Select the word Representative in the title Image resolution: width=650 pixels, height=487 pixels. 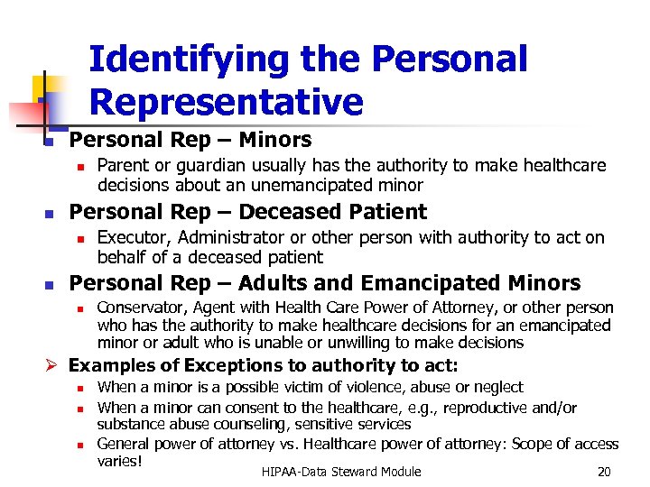226,102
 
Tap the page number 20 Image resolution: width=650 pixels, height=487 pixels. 604,472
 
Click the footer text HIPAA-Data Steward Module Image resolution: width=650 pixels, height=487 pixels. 340,472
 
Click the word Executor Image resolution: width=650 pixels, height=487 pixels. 134,238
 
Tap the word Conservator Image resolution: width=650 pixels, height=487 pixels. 140,308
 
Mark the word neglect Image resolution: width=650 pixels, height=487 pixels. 501,387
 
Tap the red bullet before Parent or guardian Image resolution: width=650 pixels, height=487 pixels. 79,167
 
